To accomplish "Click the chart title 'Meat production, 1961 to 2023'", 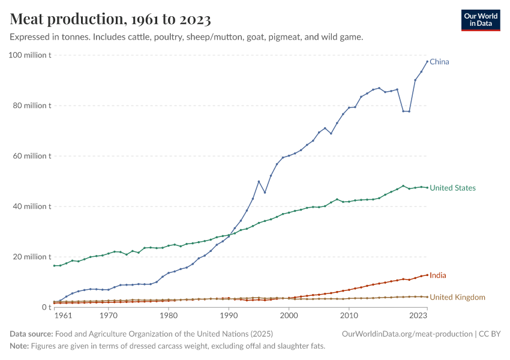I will coord(110,20).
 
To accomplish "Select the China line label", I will coord(439,62).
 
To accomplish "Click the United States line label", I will coord(452,188).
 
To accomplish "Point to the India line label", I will coord(438,275).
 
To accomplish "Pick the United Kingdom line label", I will coord(457,297).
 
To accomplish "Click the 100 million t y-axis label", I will coord(30,55).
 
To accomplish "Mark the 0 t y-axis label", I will coord(45,307).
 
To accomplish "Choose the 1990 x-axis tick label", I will coord(229,315).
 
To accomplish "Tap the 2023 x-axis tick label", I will coord(418,315).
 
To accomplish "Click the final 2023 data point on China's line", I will coord(427,61).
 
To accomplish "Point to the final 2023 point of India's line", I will coord(427,275).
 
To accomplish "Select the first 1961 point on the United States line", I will coord(54,266).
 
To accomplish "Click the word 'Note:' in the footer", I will coord(20,346).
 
